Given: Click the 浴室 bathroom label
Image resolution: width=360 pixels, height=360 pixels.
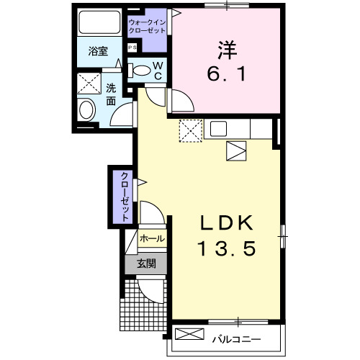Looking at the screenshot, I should pos(98,52).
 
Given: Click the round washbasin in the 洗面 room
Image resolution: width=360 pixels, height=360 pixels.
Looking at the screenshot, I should pos(86,111).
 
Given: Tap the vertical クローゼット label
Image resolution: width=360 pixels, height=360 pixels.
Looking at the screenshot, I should pos(124,196).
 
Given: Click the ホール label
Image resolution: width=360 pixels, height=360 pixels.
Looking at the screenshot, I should pos(151,238).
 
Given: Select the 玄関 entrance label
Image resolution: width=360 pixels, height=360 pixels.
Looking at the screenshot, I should pos(147,264).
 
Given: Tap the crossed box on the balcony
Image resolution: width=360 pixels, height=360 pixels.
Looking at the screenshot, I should pos(190,336).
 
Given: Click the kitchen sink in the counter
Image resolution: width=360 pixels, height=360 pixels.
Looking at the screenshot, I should pos(219,130).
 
